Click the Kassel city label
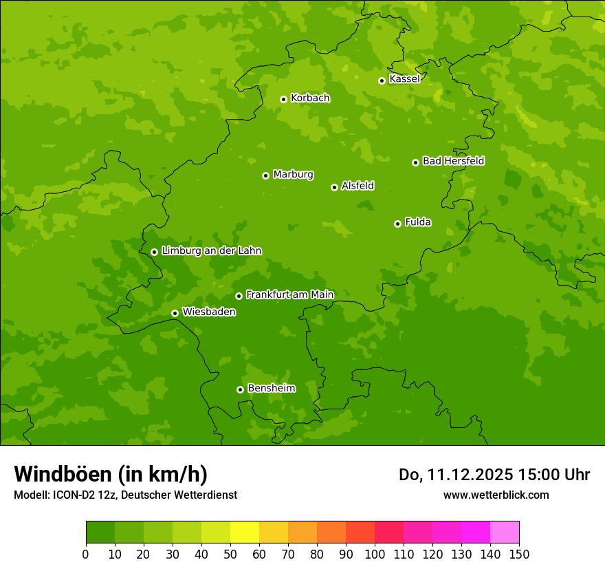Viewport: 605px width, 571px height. tap(404, 79)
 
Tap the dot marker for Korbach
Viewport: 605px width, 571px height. tap(283, 99)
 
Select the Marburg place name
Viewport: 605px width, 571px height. tap(293, 175)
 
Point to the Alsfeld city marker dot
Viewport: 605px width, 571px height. tap(334, 187)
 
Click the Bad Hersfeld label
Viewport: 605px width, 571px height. tap(453, 161)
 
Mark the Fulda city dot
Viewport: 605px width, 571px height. tap(397, 224)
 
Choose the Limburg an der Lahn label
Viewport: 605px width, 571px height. tap(211, 251)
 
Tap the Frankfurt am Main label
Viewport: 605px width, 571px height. tap(289, 295)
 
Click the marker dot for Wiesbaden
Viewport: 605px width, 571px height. tap(175, 313)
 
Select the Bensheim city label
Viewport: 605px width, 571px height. tap(271, 389)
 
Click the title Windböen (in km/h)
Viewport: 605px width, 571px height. tap(111, 474)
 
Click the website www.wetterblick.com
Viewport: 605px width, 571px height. tap(496, 495)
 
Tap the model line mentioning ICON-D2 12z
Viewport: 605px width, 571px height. tap(125, 495)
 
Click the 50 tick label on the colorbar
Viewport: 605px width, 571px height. tap(230, 554)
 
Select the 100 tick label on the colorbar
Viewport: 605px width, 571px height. tap(375, 554)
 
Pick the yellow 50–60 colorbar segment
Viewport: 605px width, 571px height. tap(245, 532)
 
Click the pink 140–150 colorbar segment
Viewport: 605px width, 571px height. tap(505, 532)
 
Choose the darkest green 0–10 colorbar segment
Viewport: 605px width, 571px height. tap(100, 532)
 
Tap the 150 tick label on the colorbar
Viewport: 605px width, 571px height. tap(519, 554)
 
